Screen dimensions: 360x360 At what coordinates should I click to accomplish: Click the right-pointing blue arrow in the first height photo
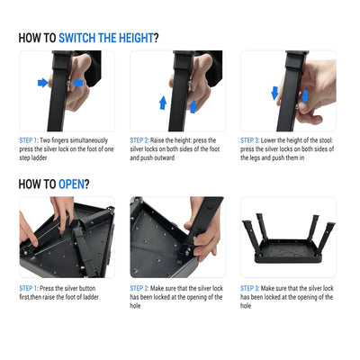coord(42,83)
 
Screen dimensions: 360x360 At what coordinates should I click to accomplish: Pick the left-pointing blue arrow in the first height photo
coord(76,83)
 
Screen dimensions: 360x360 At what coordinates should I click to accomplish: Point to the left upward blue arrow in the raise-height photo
coord(163,103)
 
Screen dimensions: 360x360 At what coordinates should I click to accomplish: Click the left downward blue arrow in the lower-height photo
coord(275,93)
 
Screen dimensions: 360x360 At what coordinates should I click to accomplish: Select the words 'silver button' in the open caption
coord(91,288)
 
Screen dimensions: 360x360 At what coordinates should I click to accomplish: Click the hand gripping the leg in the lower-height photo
coord(315,94)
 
